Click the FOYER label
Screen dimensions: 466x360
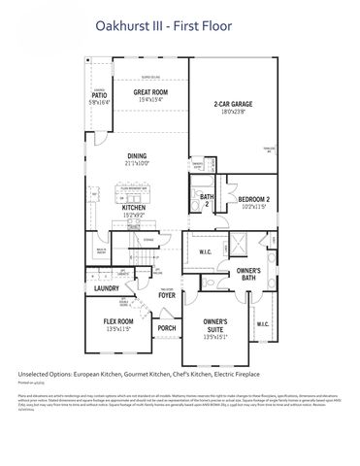pyautogui.click(x=167, y=297)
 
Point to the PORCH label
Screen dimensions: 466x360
pyautogui.click(x=166, y=328)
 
